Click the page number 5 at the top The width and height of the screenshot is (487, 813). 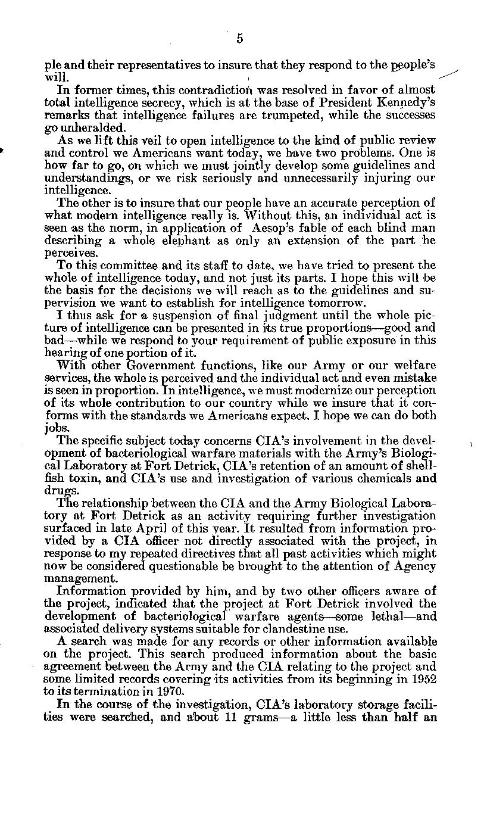point(239,39)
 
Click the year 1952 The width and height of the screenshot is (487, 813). point(423,679)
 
